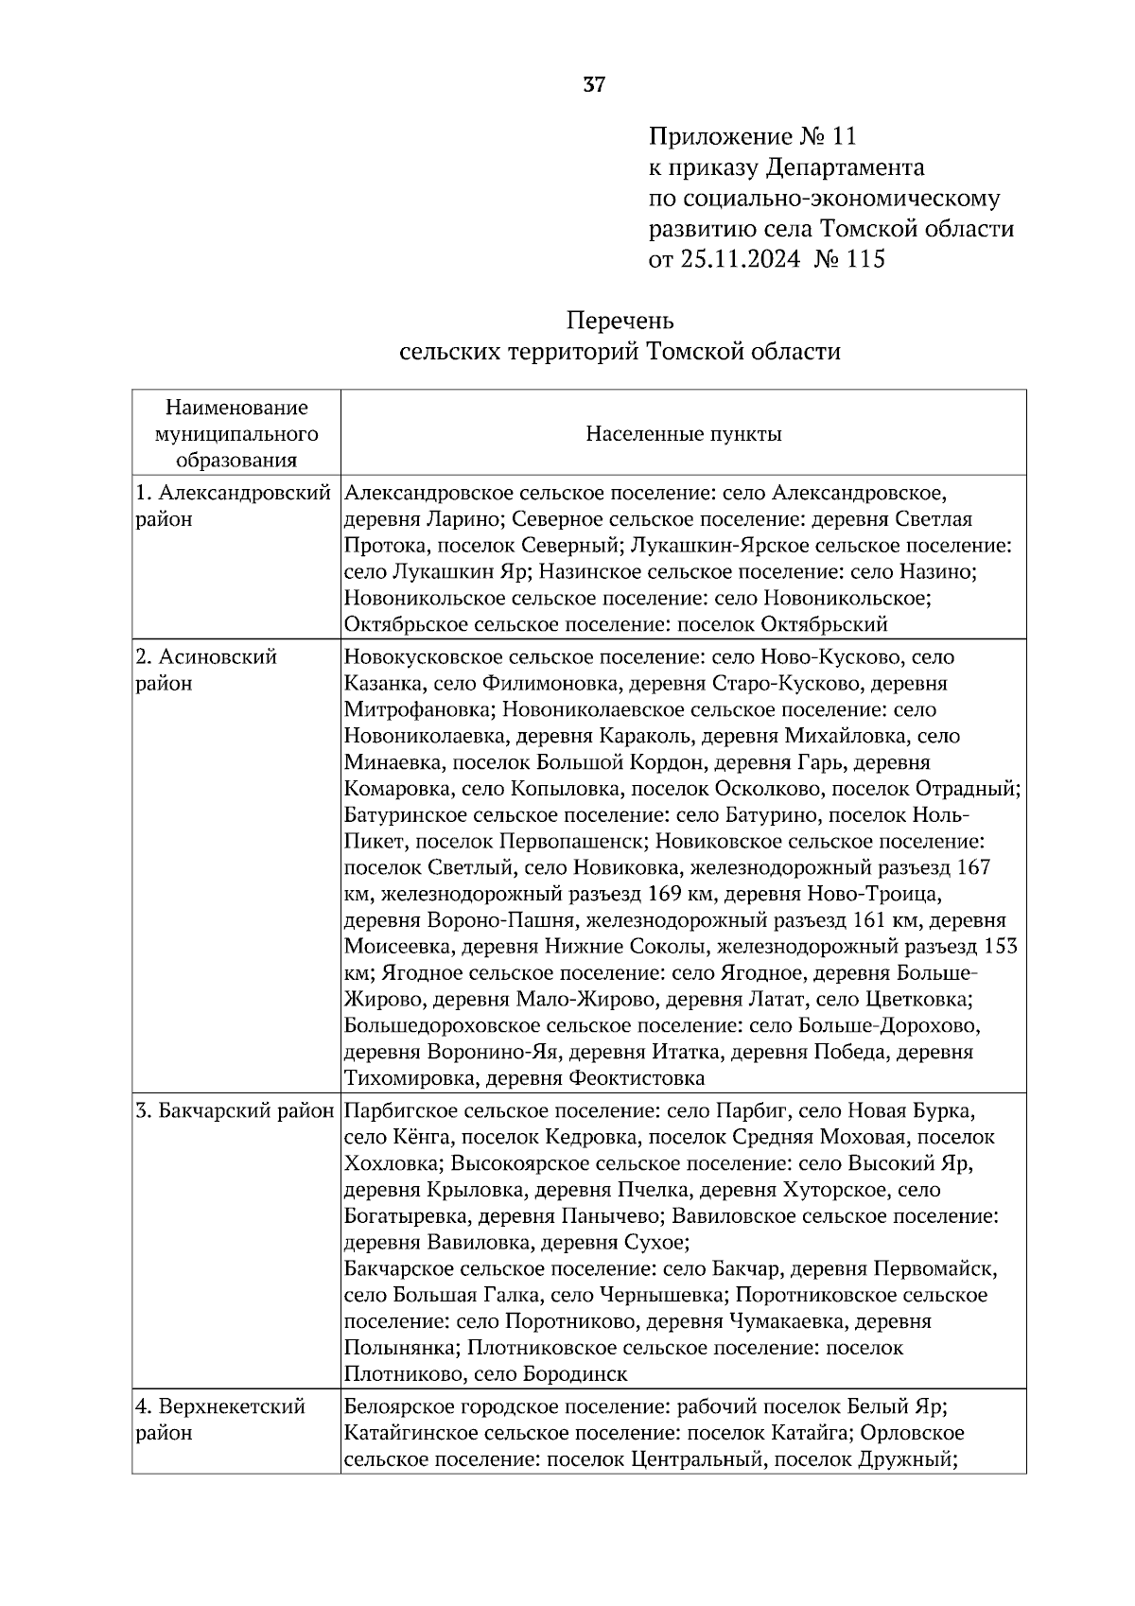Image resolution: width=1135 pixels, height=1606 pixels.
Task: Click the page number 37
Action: pyautogui.click(x=594, y=85)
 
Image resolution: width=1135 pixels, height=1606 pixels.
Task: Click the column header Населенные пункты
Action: pyautogui.click(x=683, y=434)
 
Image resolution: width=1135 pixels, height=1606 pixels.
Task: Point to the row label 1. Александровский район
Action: pyautogui.click(x=234, y=505)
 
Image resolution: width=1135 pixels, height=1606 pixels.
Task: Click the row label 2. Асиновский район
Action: pyautogui.click(x=206, y=670)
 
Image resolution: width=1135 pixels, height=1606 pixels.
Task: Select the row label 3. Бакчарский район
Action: pyautogui.click(x=235, y=1110)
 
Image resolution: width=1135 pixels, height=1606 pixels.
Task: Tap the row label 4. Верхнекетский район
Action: pyautogui.click(x=220, y=1419)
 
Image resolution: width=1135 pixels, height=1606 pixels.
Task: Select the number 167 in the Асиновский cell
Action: pyautogui.click(x=973, y=867)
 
